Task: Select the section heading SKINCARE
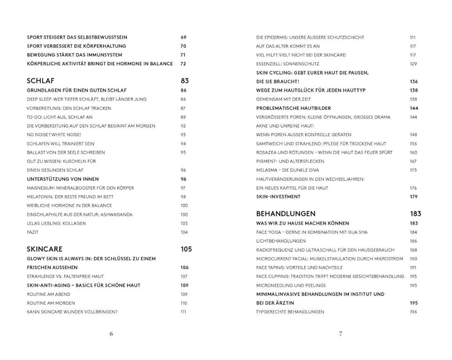click(x=49, y=249)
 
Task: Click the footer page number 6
click(x=111, y=334)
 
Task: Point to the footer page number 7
click(x=340, y=334)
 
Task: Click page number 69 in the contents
click(x=184, y=38)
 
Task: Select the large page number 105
click(x=185, y=249)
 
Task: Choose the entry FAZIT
click(x=34, y=231)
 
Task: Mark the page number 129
click(x=413, y=64)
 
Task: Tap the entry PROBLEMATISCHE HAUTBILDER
click(x=295, y=108)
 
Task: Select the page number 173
click(x=413, y=169)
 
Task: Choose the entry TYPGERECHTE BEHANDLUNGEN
click(x=289, y=312)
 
